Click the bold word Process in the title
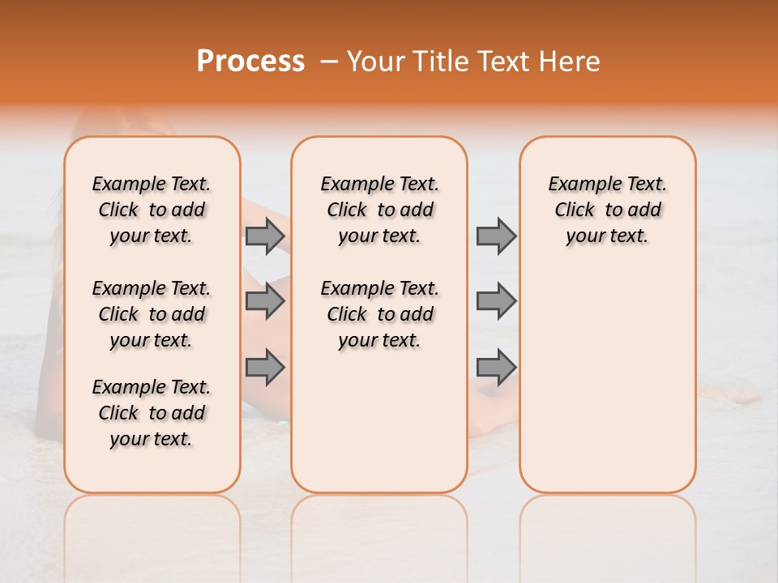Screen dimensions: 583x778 (x=250, y=62)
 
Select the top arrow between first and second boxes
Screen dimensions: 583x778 (x=265, y=236)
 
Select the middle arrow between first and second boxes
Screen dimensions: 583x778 (x=265, y=301)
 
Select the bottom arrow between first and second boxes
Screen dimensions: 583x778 (x=265, y=368)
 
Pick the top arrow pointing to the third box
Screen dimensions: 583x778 (x=496, y=236)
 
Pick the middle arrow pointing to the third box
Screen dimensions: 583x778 (x=496, y=301)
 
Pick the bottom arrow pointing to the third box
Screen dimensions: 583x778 (x=496, y=368)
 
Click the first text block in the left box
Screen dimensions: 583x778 (x=152, y=210)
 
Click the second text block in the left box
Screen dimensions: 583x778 (x=152, y=314)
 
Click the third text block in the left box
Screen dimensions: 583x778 (x=152, y=413)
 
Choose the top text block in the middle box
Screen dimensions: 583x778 (x=379, y=210)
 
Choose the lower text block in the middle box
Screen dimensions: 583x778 (x=379, y=314)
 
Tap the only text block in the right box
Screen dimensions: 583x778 (x=607, y=210)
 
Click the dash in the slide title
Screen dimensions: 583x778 (x=329, y=62)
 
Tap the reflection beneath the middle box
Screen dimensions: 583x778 (x=379, y=526)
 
